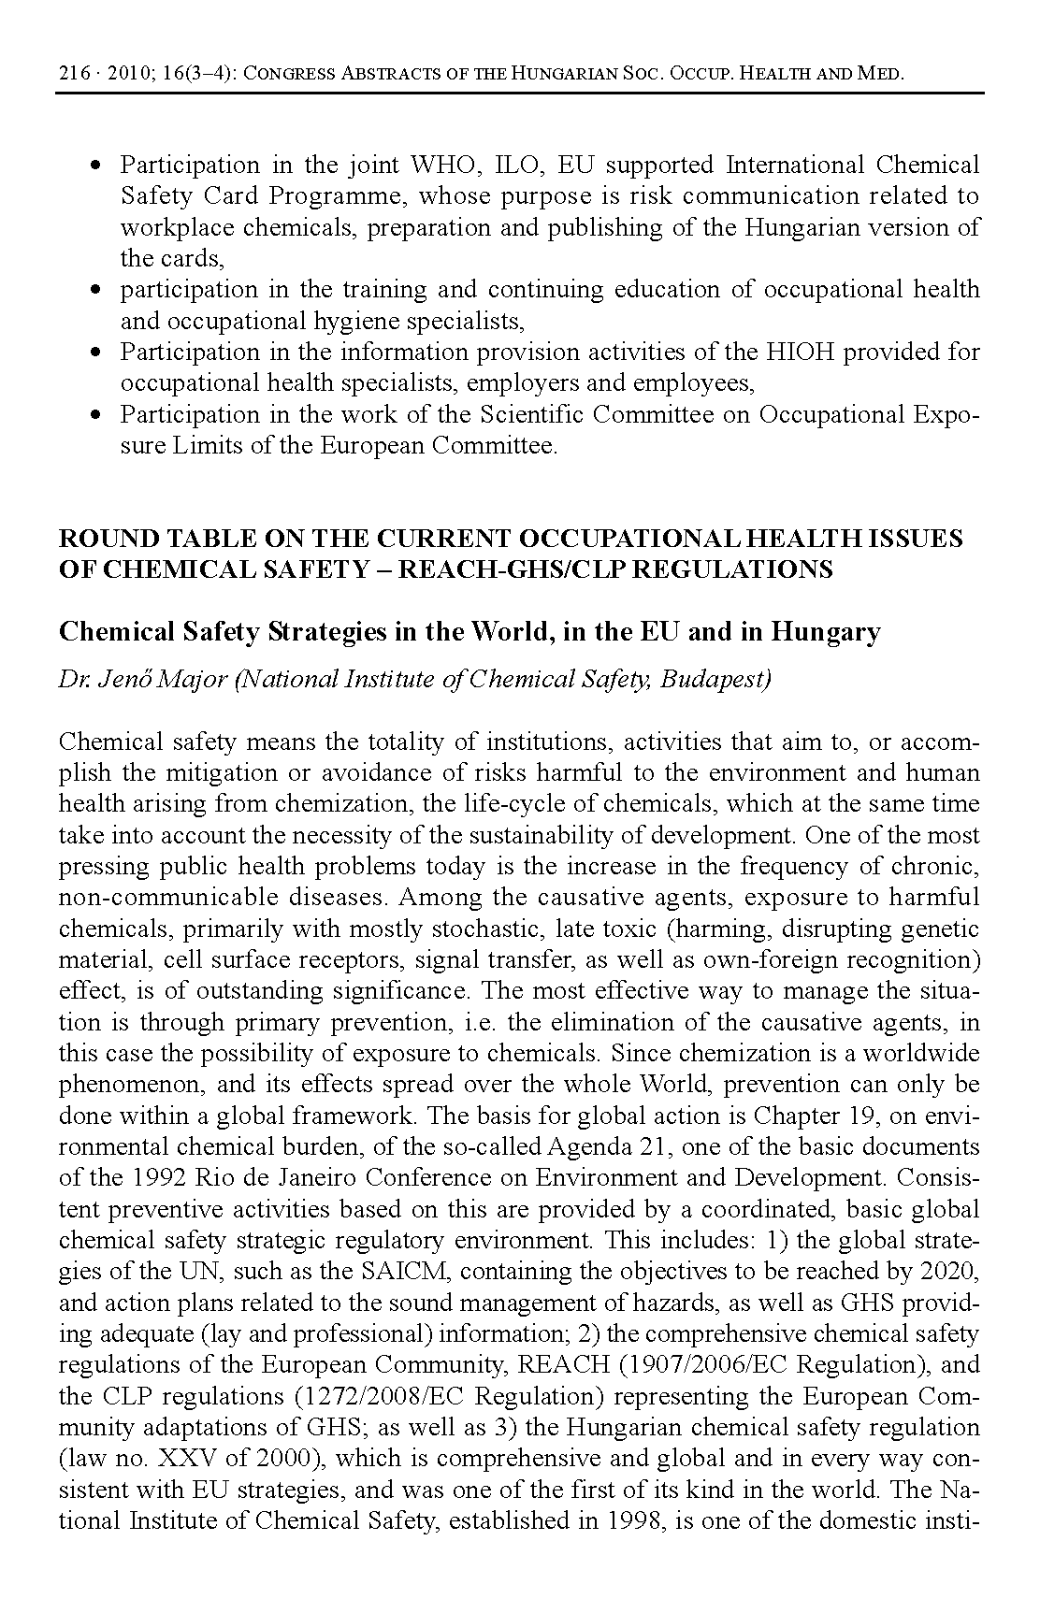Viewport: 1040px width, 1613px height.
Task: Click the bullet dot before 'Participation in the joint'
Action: tap(95, 166)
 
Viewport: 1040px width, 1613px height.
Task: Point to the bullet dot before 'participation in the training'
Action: tap(95, 291)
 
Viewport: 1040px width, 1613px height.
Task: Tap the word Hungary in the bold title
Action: tap(825, 633)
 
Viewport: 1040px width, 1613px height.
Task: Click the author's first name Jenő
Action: tap(120, 680)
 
